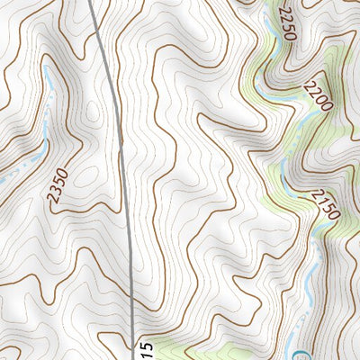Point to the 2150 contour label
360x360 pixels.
point(325,204)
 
